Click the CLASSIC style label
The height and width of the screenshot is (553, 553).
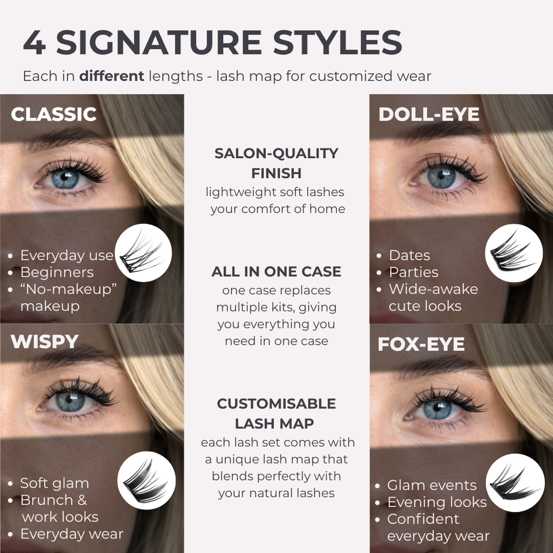(53, 114)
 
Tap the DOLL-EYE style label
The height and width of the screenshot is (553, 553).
(429, 114)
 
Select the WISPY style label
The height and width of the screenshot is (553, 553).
(45, 342)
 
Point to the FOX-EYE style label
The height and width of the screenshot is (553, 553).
(421, 345)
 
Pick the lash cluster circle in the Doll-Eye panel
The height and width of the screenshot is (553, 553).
(514, 253)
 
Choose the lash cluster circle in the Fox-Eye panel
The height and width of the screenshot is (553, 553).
(515, 483)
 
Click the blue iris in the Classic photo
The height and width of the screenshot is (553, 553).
(65, 178)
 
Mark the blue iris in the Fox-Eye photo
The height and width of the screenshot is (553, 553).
(437, 408)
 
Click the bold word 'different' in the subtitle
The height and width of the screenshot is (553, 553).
(112, 76)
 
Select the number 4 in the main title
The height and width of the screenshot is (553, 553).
(34, 43)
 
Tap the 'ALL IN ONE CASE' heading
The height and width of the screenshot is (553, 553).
(276, 272)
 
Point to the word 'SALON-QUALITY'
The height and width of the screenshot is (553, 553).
(276, 153)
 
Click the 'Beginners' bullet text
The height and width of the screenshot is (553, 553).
(57, 272)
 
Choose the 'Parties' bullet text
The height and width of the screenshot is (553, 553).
(414, 272)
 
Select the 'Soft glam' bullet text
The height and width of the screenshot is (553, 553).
(55, 483)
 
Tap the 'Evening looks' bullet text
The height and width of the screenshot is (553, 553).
(437, 502)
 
